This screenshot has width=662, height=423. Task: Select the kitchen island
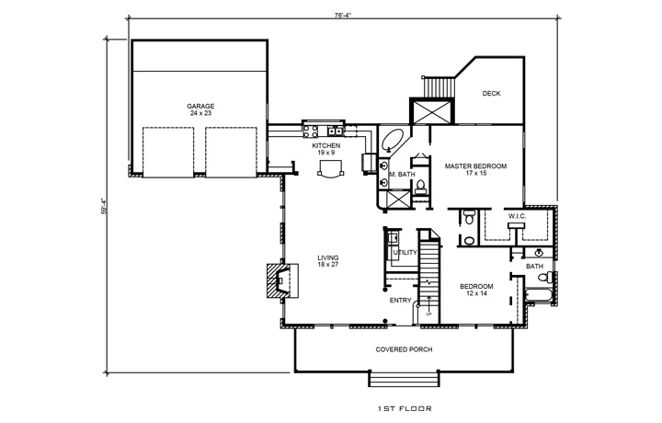pyautogui.click(x=327, y=168)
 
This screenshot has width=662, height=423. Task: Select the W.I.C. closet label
pyautogui.click(x=516, y=217)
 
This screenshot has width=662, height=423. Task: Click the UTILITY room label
pyautogui.click(x=405, y=252)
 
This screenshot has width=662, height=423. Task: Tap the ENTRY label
pyautogui.click(x=400, y=299)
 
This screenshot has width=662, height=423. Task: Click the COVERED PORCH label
pyautogui.click(x=405, y=349)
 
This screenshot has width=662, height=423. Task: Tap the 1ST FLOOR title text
pyautogui.click(x=405, y=406)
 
